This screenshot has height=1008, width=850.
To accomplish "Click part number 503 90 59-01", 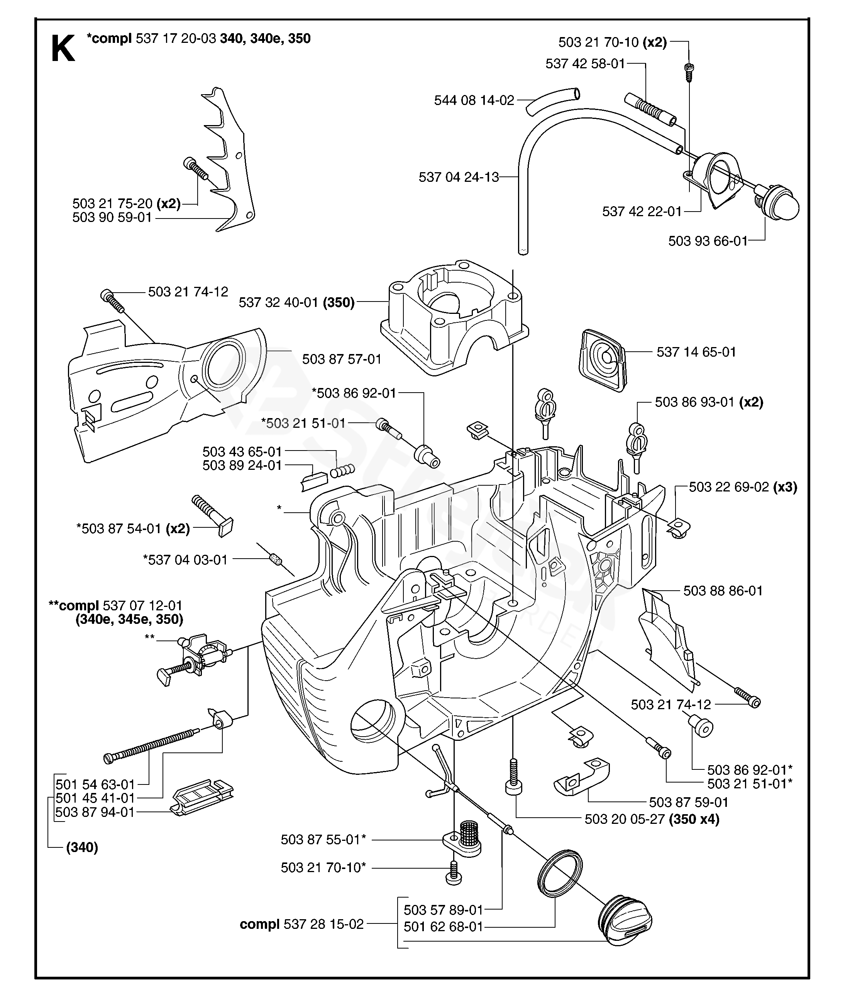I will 112,218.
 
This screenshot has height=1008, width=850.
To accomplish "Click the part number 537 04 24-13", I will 458,177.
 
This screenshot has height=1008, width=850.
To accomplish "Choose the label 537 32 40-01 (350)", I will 296,303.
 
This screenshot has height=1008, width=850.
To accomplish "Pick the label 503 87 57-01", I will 342,359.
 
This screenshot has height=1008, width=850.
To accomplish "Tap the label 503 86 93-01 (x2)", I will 709,402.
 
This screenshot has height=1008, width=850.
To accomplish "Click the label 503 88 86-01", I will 723,591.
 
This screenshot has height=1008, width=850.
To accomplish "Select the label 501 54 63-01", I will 95,784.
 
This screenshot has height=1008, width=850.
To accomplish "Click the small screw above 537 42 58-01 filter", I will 689,70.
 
